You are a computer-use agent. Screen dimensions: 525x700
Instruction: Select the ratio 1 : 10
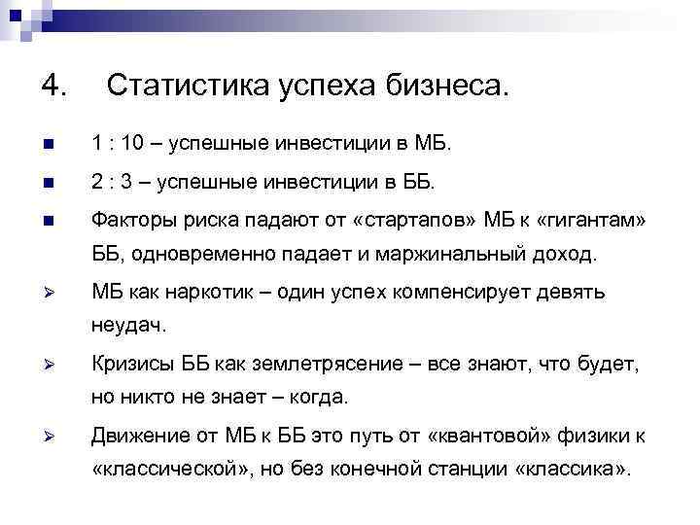(121, 145)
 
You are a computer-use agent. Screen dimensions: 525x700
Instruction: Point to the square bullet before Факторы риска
(50, 219)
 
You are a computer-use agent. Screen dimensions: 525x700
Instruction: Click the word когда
(321, 400)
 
